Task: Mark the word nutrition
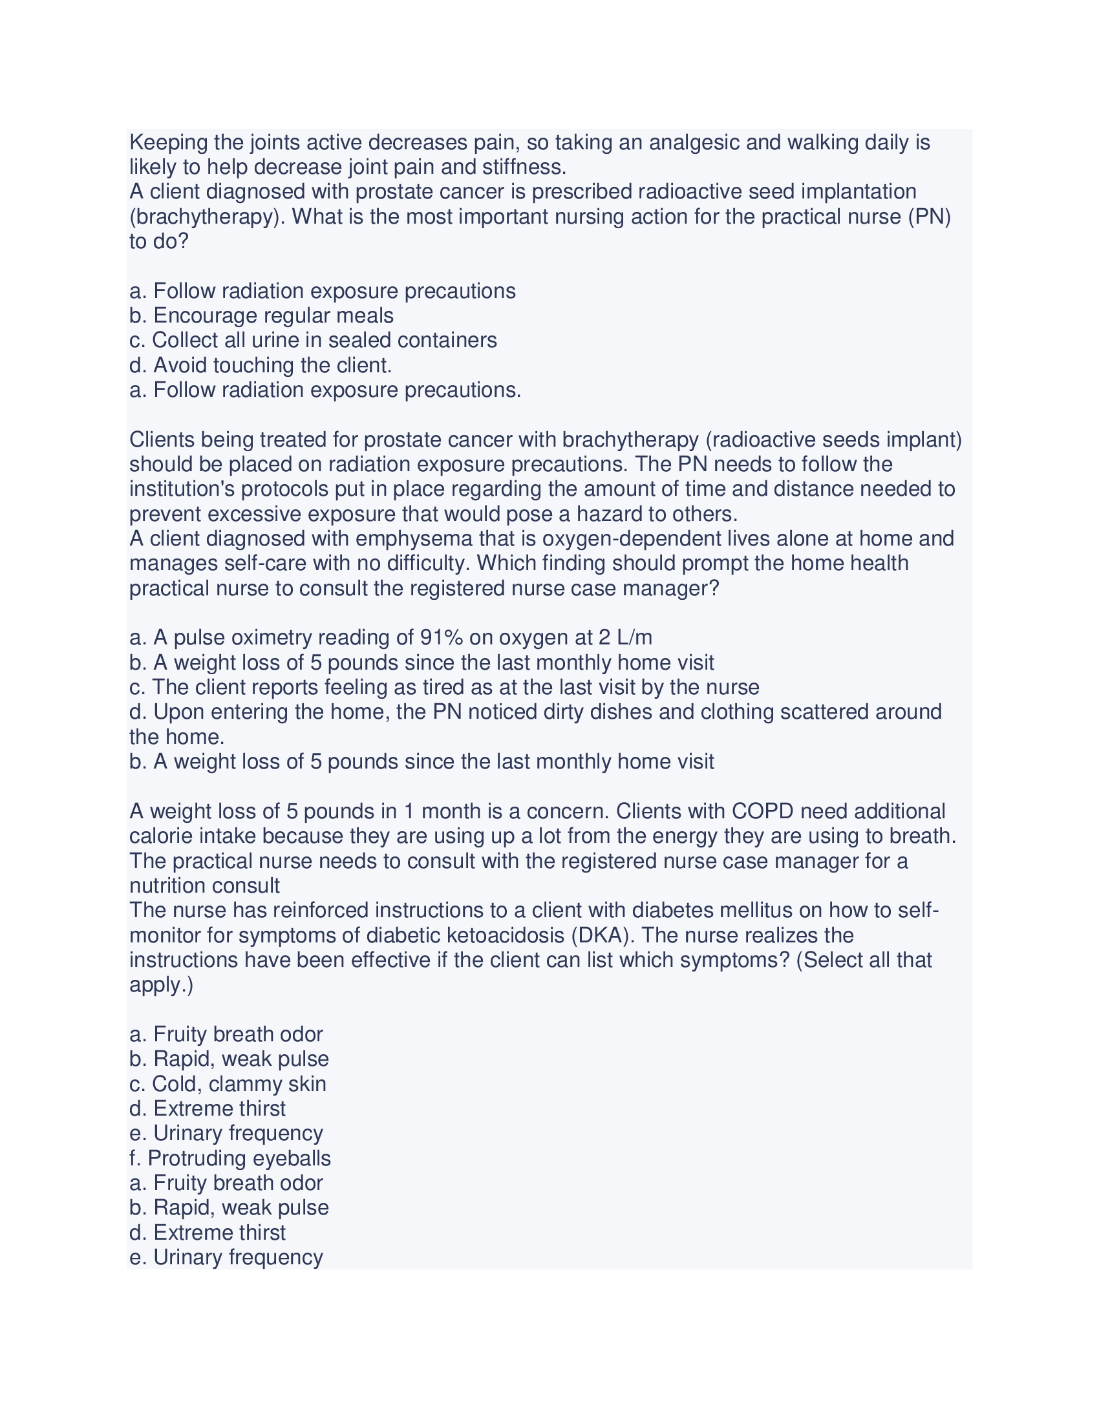pos(167,886)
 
